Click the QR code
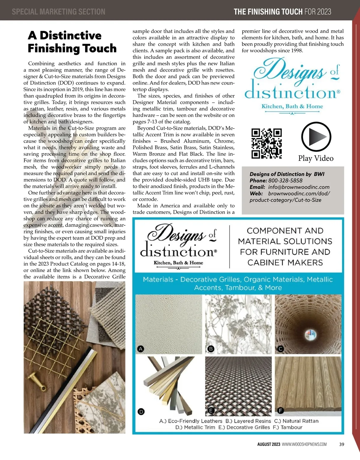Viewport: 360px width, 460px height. (266, 144)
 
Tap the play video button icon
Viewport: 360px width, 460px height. (316, 137)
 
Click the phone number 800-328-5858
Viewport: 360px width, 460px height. (285, 180)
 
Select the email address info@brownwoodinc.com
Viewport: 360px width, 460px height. (299, 187)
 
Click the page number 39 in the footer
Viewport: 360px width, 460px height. (341, 444)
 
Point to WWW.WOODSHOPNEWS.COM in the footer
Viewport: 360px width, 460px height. (304, 444)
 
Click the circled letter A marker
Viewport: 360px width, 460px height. (140, 349)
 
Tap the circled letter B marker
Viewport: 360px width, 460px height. (211, 349)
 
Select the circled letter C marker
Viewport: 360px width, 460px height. (280, 349)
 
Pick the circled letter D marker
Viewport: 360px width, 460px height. (141, 411)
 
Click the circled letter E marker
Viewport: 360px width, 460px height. (211, 411)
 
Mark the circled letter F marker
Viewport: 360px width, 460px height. (280, 411)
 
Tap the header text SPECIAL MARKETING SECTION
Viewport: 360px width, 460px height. (58, 12)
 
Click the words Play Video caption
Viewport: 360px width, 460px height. (316, 158)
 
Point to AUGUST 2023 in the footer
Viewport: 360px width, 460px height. (268, 444)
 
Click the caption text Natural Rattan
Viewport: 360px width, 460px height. (300, 421)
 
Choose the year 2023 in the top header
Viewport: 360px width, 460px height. (324, 12)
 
